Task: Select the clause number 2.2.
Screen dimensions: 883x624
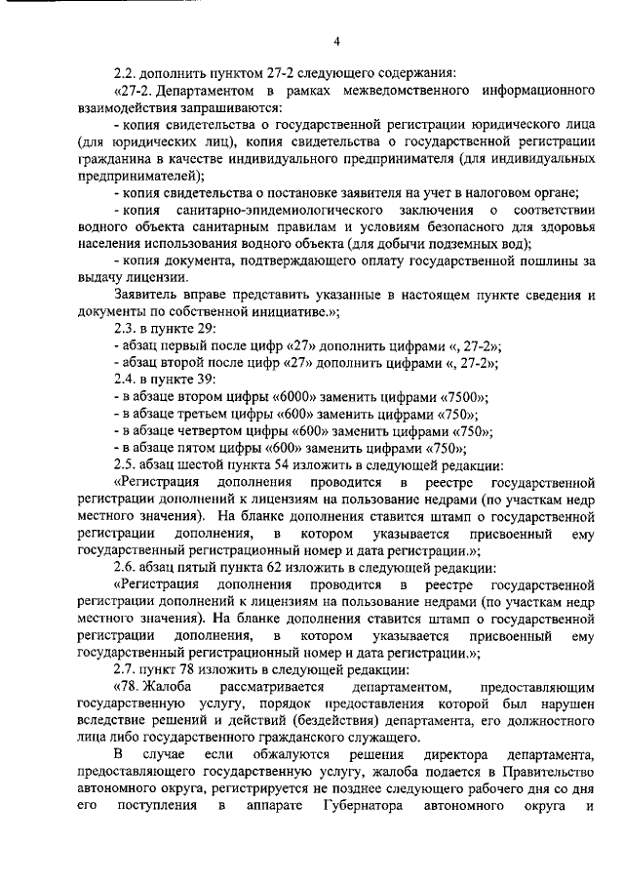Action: tap(125, 74)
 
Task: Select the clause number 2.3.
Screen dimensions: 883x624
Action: tap(125, 329)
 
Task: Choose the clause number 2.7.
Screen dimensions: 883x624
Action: tap(125, 669)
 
